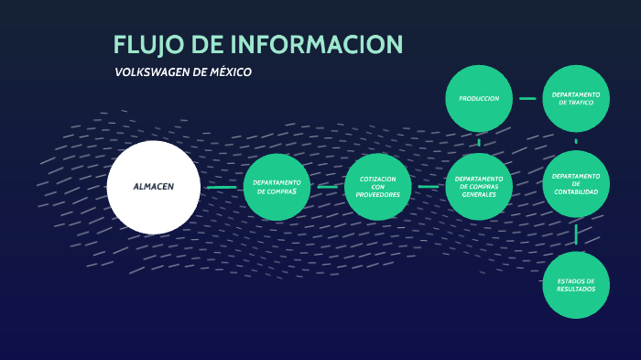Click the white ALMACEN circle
(153, 187)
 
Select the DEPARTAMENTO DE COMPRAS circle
(277, 187)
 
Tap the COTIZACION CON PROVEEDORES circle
(378, 187)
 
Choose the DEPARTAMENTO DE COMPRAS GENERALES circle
(479, 187)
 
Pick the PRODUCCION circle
(479, 98)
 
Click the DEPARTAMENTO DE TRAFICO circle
(576, 98)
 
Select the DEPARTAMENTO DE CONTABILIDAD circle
(576, 183)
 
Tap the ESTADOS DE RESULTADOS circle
(576, 285)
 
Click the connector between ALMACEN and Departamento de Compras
(222, 187)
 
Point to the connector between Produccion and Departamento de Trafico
(527, 98)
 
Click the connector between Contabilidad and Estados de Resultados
(576, 235)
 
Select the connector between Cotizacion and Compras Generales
(429, 187)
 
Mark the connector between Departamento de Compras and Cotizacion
(328, 187)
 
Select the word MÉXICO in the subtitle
(230, 72)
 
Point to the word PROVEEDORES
(378, 195)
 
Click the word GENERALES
(479, 195)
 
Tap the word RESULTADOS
(576, 289)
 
